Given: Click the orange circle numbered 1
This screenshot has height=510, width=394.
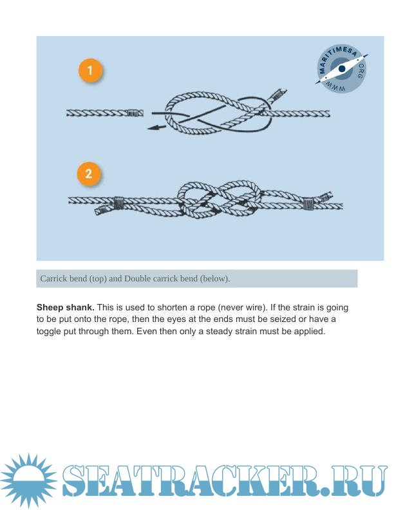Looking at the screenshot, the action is pos(90,70).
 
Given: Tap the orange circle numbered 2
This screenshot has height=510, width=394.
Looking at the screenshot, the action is pos(89,174).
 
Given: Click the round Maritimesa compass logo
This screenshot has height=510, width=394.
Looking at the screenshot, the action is pos(341,69).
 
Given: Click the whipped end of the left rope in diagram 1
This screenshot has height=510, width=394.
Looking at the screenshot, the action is pos(135,113).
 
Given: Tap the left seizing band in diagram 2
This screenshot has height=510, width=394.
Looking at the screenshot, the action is pos(118,203).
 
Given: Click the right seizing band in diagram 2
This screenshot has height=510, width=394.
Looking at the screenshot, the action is pos(308,203).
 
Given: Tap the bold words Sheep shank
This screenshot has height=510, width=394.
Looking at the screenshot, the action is pos(65,307).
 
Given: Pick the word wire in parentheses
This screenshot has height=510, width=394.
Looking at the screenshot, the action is pos(252,307).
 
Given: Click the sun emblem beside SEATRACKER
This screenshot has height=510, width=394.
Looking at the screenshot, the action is pos(28,480).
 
